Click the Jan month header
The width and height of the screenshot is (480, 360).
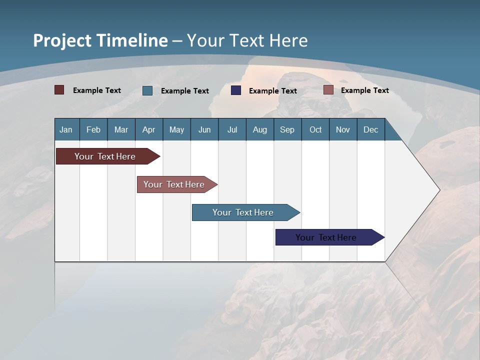click(x=66, y=129)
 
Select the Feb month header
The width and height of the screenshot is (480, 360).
click(x=93, y=129)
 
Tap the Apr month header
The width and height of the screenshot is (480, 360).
click(x=148, y=129)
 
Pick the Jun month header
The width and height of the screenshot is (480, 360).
click(x=204, y=129)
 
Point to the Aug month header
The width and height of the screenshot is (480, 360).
click(x=259, y=129)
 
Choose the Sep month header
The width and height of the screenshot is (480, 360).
click(x=287, y=129)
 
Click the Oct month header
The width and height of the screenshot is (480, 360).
click(x=315, y=129)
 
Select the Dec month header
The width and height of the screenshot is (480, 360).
click(x=370, y=129)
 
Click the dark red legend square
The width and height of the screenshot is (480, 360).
click(x=59, y=90)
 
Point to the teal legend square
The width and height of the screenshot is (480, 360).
click(x=147, y=90)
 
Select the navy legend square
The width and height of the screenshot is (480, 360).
click(x=236, y=90)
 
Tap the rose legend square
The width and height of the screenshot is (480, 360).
click(x=328, y=90)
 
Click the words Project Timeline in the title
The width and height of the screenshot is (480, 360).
click(x=100, y=40)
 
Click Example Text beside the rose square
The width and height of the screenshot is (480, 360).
click(x=364, y=90)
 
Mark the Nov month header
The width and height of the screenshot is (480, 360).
click(x=343, y=129)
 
